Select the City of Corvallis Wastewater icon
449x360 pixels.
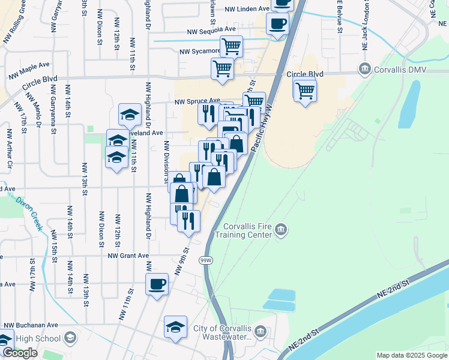pyautogui.click(x=260, y=331)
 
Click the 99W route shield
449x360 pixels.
pyautogui.click(x=206, y=260)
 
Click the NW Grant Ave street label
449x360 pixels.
pyautogui.click(x=128, y=256)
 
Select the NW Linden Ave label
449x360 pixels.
pyautogui.click(x=247, y=10)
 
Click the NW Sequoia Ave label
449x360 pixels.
pyautogui.click(x=211, y=29)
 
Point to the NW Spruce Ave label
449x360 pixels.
pyautogui.click(x=196, y=102)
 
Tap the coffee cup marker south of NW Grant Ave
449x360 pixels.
pyautogui.click(x=157, y=283)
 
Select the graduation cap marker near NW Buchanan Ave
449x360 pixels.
pyautogui.click(x=175, y=326)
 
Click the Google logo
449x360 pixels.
pyautogui.click(x=20, y=353)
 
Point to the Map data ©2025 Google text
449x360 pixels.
pyautogui.click(x=412, y=355)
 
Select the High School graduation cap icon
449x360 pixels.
pyautogui.click(x=70, y=338)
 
